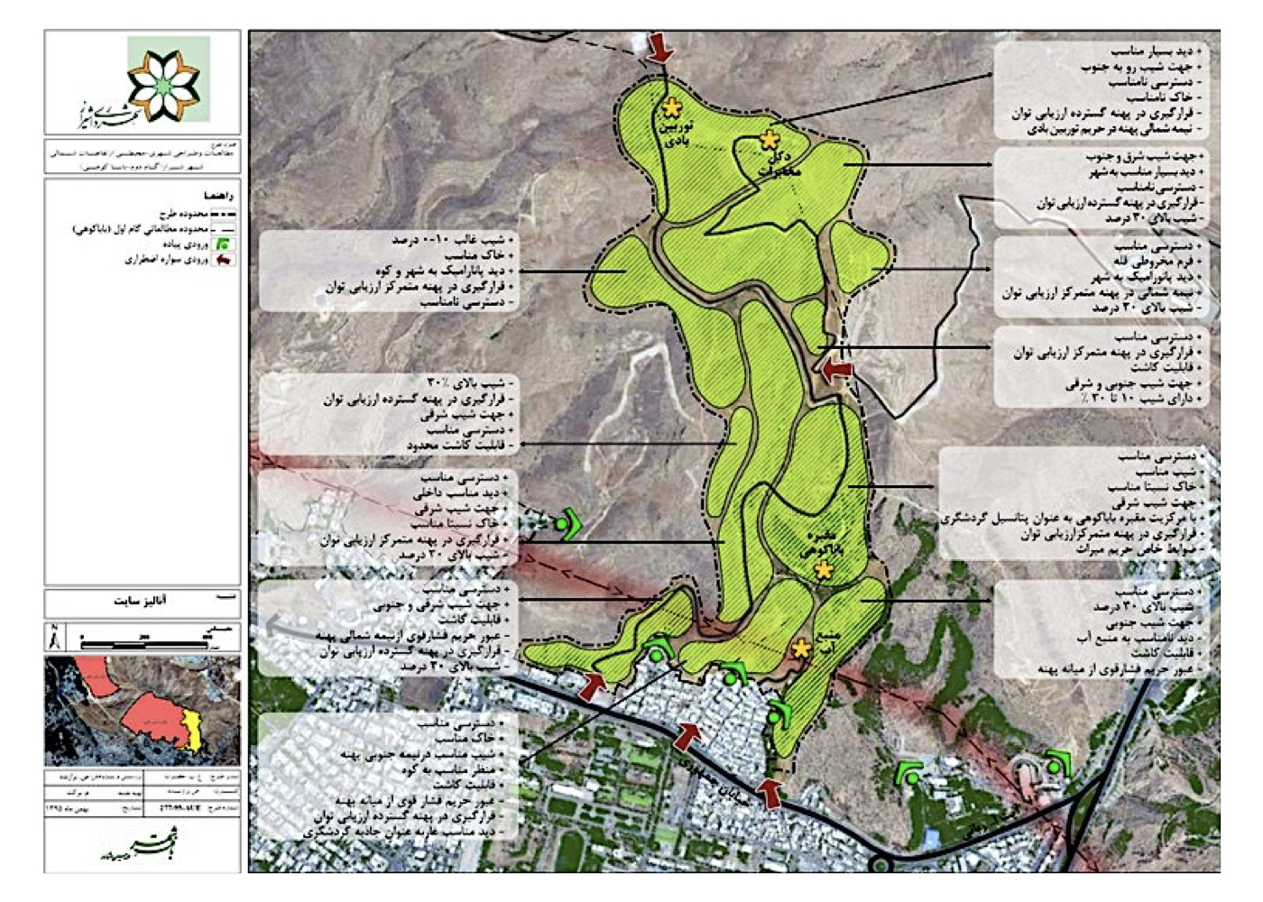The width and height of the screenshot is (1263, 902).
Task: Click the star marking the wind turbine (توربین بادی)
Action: (x=671, y=108)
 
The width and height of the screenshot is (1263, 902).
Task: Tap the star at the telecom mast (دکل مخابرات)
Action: (x=769, y=140)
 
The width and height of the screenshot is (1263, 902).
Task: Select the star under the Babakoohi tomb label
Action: (x=823, y=570)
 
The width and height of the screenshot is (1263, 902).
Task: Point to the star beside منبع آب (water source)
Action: (x=801, y=649)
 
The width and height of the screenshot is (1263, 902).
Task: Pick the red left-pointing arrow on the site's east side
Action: (x=836, y=368)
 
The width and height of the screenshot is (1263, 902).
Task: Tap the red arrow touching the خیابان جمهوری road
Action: (x=687, y=736)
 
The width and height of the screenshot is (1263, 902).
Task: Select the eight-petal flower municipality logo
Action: (x=162, y=83)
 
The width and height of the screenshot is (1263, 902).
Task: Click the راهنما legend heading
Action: (x=219, y=195)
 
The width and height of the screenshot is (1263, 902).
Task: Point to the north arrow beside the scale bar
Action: (x=54, y=639)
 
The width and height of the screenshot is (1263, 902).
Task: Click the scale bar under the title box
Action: (x=144, y=642)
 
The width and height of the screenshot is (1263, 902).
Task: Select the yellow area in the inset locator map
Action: (x=192, y=731)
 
